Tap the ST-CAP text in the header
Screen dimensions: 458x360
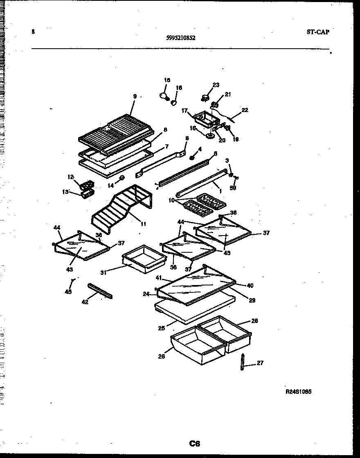tap(317, 32)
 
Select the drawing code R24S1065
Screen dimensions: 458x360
tap(299, 391)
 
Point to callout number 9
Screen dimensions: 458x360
tap(135, 97)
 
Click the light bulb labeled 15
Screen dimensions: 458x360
tap(164, 96)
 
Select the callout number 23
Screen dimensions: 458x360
tap(216, 85)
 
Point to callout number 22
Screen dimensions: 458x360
tap(245, 110)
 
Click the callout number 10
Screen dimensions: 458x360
tap(171, 200)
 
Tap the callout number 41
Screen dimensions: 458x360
tap(158, 278)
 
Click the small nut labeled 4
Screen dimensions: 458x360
tap(191, 157)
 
